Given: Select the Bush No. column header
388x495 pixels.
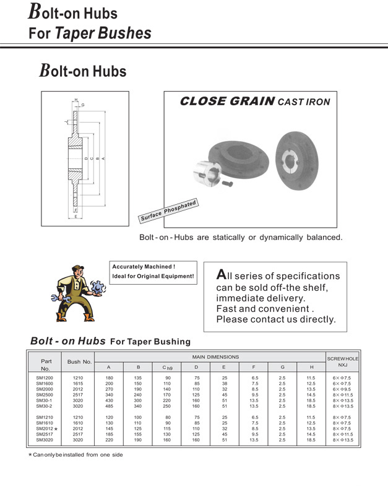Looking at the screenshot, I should [79, 361].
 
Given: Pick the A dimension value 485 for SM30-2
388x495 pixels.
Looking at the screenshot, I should [109, 406].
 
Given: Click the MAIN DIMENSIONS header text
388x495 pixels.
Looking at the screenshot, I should [215, 356].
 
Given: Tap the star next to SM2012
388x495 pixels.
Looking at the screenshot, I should [56, 429].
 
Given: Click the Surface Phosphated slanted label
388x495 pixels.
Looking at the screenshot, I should [168, 211].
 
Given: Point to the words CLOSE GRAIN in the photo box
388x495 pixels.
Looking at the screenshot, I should [226, 101].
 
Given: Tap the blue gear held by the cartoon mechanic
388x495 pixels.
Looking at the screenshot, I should [96, 287].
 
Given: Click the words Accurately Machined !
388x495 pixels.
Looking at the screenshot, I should [139, 267].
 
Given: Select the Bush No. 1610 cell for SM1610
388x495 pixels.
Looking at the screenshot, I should [78, 423].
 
